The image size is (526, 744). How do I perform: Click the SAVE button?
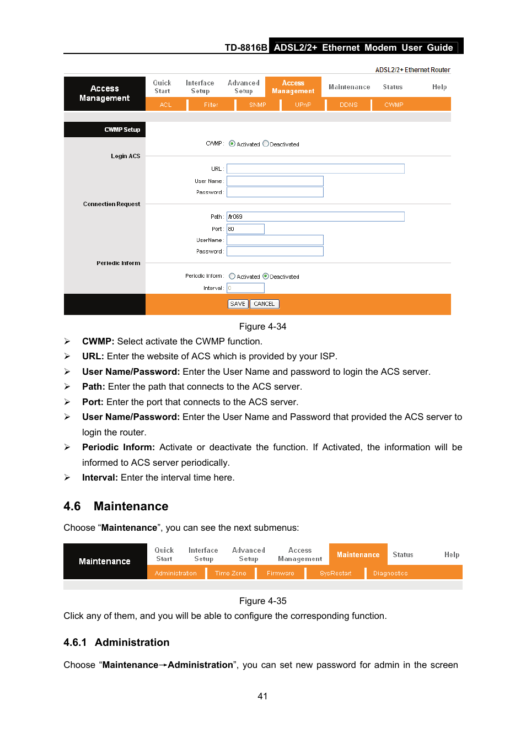[x=238, y=304]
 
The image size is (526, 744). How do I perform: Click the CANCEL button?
[x=264, y=304]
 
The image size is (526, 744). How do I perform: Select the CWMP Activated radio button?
[x=232, y=143]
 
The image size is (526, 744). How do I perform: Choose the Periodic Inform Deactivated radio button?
[x=266, y=276]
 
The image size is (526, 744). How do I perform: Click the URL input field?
[x=315, y=169]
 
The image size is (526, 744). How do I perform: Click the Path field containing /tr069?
[x=315, y=217]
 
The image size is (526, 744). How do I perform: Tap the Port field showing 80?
[x=245, y=229]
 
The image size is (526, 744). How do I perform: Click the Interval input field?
[x=245, y=288]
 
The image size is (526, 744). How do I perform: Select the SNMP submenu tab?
[x=257, y=105]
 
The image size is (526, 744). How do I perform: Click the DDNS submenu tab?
[x=348, y=105]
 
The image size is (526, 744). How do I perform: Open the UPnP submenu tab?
[x=303, y=105]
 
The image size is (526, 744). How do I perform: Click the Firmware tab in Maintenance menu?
[x=280, y=573]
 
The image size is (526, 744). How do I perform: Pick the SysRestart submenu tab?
[x=335, y=573]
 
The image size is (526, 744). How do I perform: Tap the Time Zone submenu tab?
[x=230, y=573]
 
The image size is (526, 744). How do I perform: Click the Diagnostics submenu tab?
[x=390, y=573]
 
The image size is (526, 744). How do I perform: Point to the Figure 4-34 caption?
[x=262, y=326]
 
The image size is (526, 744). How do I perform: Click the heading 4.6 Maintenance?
[x=116, y=506]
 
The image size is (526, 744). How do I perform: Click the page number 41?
[x=262, y=696]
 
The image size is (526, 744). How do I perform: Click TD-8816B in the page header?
[x=246, y=47]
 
